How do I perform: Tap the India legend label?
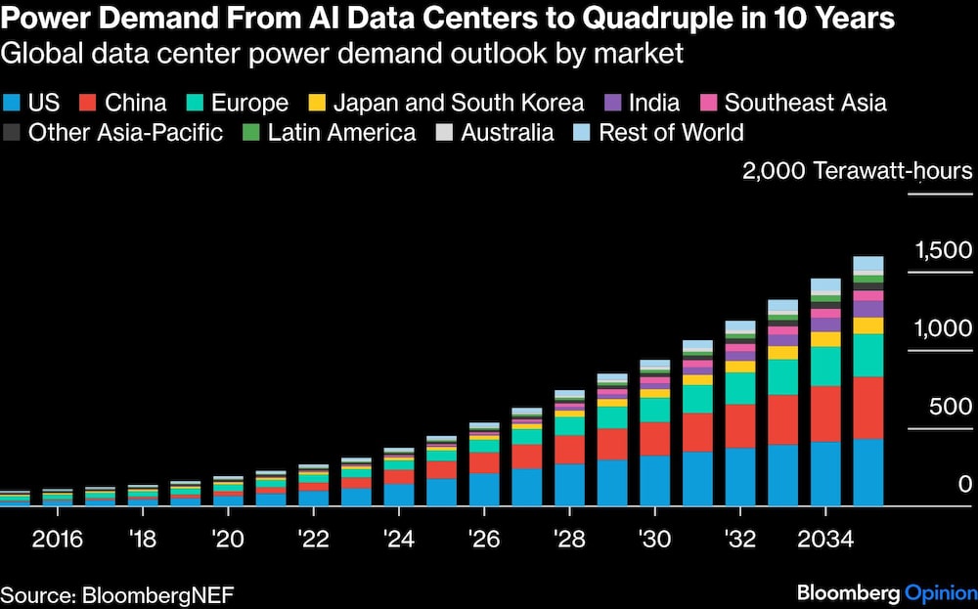tap(654, 103)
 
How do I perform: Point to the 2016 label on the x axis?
tap(57, 538)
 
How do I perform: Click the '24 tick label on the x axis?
tap(398, 538)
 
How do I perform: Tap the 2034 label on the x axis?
tap(824, 538)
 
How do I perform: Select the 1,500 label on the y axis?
tap(943, 251)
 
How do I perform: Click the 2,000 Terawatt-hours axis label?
tap(857, 172)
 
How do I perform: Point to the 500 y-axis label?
tap(952, 407)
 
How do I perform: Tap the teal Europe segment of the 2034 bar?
tap(825, 367)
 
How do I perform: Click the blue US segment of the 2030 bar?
tap(655, 481)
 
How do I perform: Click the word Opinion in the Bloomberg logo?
tap(940, 592)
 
